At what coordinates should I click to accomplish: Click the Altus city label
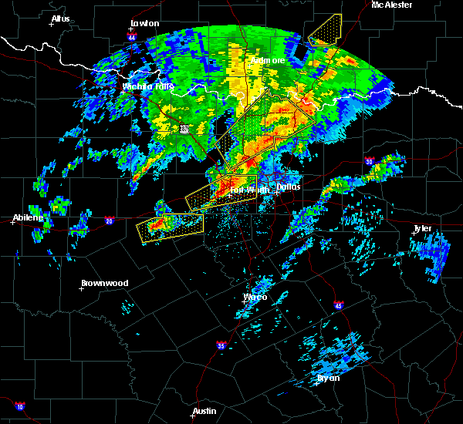coord(60,19)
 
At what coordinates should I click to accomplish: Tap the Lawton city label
coord(144,24)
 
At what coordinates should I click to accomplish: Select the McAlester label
coord(391,5)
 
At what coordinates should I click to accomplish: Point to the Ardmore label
coord(268,60)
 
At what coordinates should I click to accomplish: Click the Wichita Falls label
coord(147,86)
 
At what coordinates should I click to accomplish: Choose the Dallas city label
coord(289,187)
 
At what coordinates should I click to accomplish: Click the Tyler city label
coord(423,228)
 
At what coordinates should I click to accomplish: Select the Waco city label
coord(255,297)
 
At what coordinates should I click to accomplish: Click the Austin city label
coord(204,411)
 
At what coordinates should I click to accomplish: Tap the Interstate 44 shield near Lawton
coord(132,37)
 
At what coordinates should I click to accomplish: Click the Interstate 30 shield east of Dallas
coord(370,162)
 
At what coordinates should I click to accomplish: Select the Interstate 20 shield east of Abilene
coord(108,220)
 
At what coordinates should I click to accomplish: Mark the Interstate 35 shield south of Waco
coord(221,345)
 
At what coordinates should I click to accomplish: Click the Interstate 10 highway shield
coord(19,406)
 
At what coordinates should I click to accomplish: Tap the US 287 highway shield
coord(184,130)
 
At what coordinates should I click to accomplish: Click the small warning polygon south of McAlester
coord(325,31)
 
